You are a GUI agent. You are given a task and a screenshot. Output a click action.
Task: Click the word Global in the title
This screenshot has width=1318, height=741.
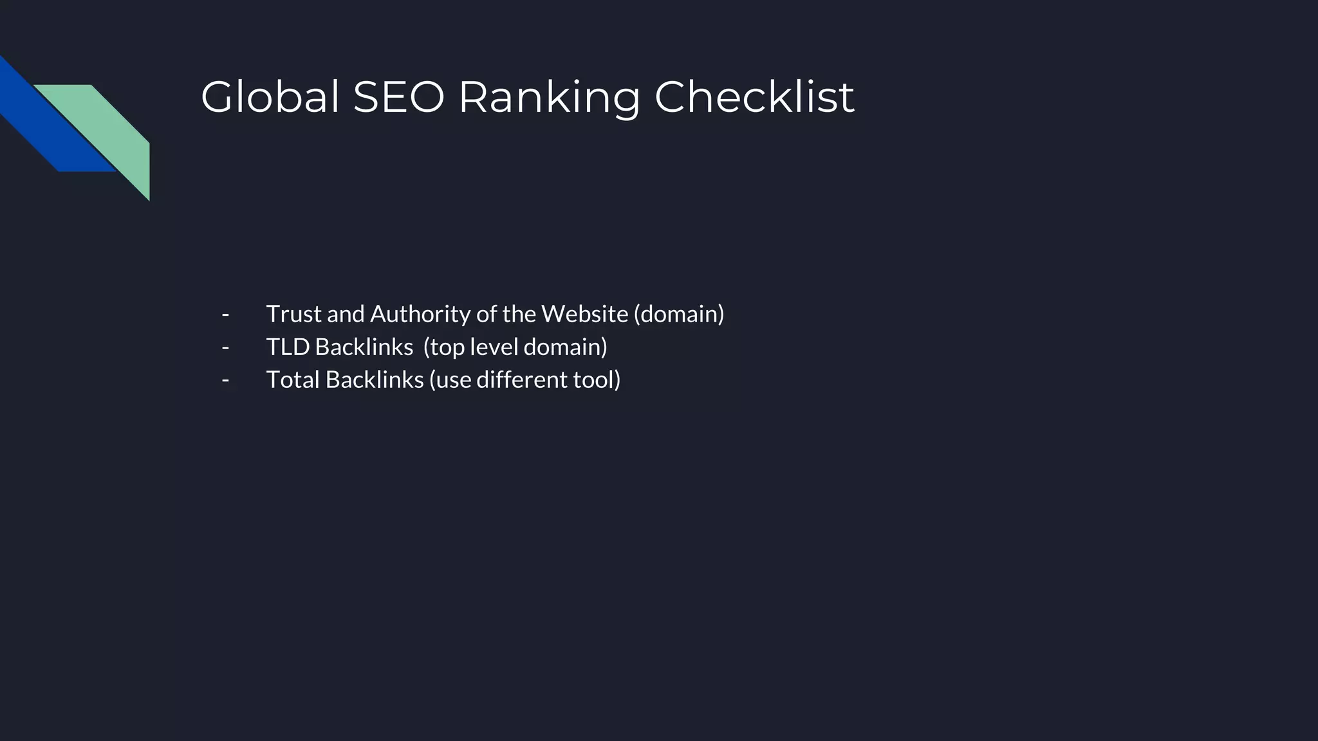click(270, 98)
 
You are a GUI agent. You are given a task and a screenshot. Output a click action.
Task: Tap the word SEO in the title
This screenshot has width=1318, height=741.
click(398, 98)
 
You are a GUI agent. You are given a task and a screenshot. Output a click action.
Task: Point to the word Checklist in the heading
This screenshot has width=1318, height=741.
click(754, 98)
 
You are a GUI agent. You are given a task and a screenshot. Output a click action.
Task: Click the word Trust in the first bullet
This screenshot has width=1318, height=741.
click(293, 315)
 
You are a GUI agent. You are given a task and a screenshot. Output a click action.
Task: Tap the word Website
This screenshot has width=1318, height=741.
click(584, 315)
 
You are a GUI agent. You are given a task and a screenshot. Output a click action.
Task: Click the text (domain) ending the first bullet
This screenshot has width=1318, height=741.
click(679, 315)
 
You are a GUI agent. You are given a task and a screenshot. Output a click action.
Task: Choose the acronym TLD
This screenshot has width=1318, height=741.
click(288, 347)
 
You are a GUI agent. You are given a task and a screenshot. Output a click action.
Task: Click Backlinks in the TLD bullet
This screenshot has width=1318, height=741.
click(364, 347)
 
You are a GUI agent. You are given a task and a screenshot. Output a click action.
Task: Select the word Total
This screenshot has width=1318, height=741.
click(293, 380)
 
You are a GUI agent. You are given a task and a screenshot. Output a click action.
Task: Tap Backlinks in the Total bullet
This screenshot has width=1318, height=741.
click(374, 380)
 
